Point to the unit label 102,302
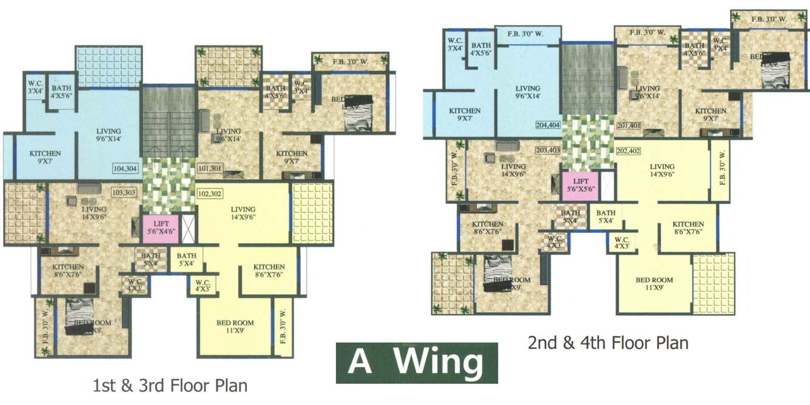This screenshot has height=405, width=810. pyautogui.click(x=210, y=195)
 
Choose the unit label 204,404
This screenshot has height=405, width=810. pyautogui.click(x=548, y=126)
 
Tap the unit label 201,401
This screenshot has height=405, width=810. pyautogui.click(x=629, y=126)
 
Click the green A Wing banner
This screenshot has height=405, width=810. pyautogui.click(x=417, y=363)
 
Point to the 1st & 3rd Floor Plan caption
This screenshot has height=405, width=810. pyautogui.click(x=170, y=386)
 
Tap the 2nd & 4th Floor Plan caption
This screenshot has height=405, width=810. pyautogui.click(x=608, y=343)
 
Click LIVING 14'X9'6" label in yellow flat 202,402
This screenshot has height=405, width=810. pyautogui.click(x=662, y=170)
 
